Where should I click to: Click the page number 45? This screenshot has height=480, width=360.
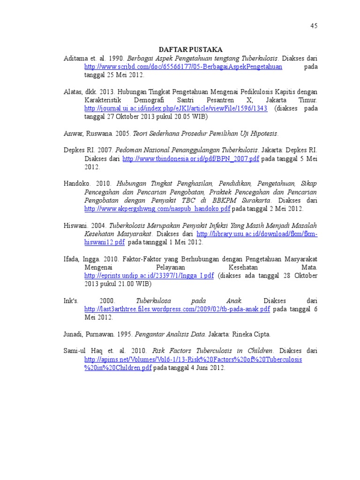[x=314, y=26]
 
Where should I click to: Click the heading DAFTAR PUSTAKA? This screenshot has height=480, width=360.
[x=190, y=49]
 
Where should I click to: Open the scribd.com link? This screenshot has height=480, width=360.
[x=183, y=67]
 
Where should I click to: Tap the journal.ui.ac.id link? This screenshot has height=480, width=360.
[x=176, y=108]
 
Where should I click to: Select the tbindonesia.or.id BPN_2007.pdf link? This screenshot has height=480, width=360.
[x=190, y=159]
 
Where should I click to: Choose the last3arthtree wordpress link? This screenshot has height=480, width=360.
[x=177, y=309]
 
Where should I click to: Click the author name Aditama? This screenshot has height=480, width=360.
[x=76, y=58]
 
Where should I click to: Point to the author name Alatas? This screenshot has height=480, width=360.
[x=74, y=92]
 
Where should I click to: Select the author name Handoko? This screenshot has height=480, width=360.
[x=77, y=184]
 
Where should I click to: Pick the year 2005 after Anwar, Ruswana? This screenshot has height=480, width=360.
[x=123, y=134]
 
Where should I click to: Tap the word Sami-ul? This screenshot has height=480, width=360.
[x=75, y=351]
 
